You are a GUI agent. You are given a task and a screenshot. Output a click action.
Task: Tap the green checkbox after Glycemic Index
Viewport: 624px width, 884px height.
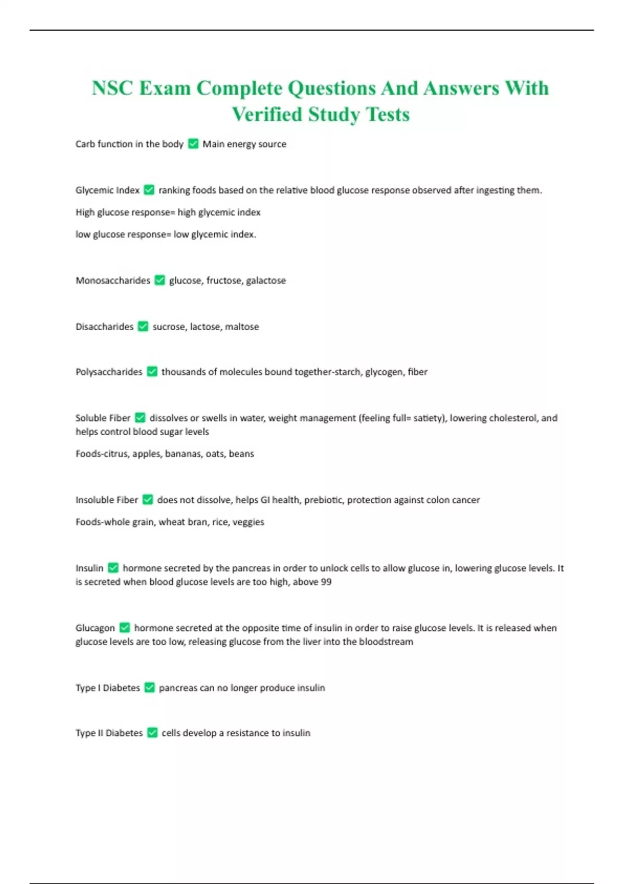pyautogui.click(x=149, y=190)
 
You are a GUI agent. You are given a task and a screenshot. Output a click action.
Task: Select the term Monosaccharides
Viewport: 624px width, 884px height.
pyautogui.click(x=113, y=281)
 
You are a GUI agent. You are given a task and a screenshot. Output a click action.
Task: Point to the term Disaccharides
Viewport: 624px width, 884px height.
pyautogui.click(x=105, y=327)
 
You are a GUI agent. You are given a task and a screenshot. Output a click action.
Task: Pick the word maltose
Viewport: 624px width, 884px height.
pyautogui.click(x=242, y=327)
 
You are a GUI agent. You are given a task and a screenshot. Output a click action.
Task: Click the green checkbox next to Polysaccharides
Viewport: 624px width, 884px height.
pyautogui.click(x=152, y=372)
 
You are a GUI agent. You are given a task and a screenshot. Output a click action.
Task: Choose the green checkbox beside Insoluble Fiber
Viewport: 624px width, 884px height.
pyautogui.click(x=148, y=500)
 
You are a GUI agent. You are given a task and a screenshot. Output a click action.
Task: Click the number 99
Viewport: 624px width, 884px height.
pyautogui.click(x=326, y=582)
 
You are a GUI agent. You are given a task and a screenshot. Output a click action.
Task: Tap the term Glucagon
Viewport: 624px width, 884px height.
pyautogui.click(x=95, y=628)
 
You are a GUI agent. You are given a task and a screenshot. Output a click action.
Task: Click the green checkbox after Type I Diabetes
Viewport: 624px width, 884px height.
pyautogui.click(x=149, y=688)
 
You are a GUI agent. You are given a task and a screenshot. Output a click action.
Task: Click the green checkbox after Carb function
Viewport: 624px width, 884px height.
pyautogui.click(x=193, y=144)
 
